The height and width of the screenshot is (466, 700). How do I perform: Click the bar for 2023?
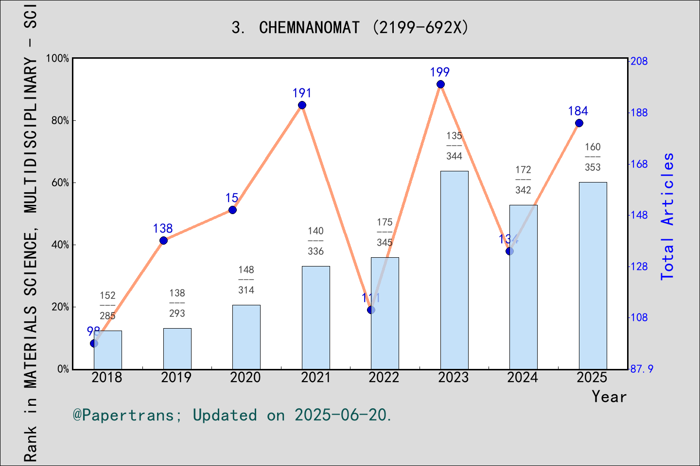(454, 270)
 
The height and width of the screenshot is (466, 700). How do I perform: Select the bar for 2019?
(177, 349)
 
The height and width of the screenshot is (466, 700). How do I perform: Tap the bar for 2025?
(593, 276)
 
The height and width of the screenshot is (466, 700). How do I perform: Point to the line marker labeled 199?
(440, 84)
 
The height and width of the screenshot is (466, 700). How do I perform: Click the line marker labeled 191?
(302, 105)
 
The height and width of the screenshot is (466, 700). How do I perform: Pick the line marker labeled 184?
(579, 123)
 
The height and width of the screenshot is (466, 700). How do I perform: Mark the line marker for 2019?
(163, 241)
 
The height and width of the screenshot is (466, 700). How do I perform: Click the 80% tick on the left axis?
(60, 120)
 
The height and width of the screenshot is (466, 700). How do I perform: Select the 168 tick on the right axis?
(639, 164)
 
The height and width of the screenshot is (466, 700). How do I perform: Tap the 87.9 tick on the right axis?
(642, 369)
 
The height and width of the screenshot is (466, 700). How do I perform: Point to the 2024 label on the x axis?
(523, 378)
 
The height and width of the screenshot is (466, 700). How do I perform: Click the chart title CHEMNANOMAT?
(350, 28)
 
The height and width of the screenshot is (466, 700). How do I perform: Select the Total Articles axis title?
(668, 216)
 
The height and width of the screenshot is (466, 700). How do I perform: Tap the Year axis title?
(609, 397)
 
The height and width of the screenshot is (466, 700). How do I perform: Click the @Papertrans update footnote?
(232, 415)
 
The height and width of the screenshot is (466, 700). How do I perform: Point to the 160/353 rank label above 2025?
(593, 157)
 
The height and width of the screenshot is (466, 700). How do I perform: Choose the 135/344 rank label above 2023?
(454, 146)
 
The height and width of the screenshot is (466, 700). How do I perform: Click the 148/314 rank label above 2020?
(246, 280)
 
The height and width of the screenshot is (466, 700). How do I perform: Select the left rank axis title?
(30, 233)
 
